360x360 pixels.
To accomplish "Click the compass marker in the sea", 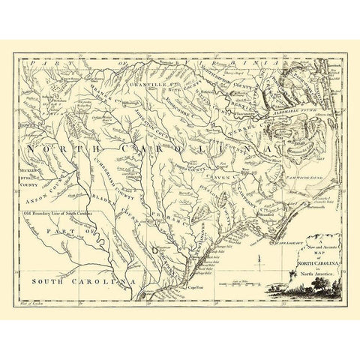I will click(256, 262).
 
